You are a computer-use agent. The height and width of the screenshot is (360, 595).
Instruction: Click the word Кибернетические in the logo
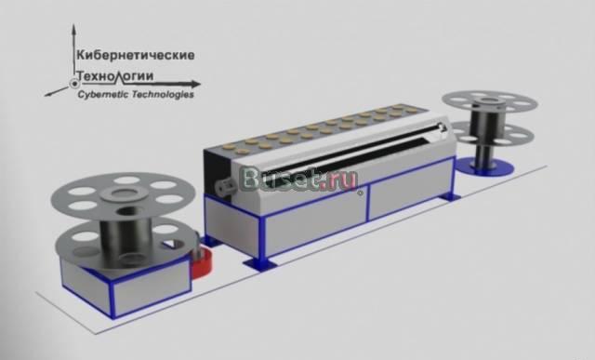click(136, 55)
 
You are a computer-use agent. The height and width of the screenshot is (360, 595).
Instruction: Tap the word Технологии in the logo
click(115, 76)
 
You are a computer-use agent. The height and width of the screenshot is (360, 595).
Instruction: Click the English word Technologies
click(165, 94)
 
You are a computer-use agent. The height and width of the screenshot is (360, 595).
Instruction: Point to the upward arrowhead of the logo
click(73, 30)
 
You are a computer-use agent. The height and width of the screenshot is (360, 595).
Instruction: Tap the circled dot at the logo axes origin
click(73, 84)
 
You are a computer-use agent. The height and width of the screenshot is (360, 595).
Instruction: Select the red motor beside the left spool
click(201, 262)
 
